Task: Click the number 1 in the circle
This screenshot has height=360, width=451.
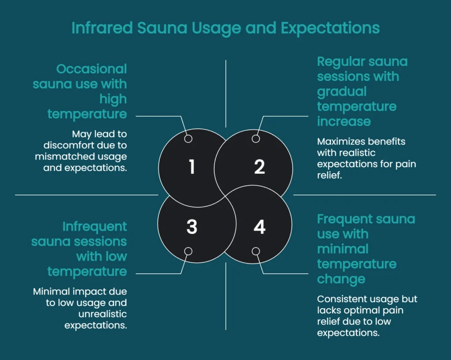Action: (192, 167)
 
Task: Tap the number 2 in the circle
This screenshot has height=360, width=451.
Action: (259, 167)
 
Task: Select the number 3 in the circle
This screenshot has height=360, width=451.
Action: (192, 227)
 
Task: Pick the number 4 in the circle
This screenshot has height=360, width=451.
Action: (259, 227)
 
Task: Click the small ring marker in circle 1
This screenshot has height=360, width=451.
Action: (188, 139)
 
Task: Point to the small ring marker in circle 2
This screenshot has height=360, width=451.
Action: (256, 139)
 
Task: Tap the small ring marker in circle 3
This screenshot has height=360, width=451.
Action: (188, 251)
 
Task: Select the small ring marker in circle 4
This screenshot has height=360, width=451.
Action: (256, 251)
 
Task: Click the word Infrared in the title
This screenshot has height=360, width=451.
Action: (101, 28)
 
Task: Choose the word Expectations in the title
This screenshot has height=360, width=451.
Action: (330, 28)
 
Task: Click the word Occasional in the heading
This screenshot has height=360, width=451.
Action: (92, 69)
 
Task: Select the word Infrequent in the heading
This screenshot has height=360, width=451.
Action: (95, 227)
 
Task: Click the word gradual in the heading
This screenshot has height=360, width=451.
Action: (342, 92)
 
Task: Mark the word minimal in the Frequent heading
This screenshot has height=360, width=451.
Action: (343, 249)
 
